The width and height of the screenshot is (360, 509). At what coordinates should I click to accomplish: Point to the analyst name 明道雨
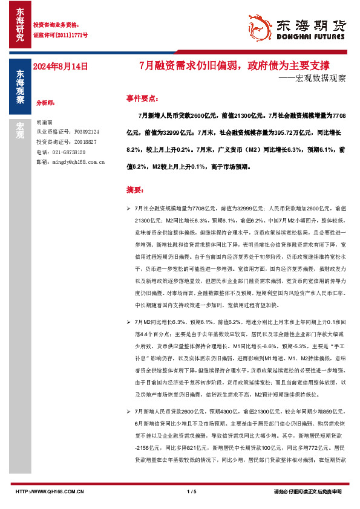coord(44,122)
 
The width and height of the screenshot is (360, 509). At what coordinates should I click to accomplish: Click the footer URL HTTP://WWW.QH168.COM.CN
coord(50,491)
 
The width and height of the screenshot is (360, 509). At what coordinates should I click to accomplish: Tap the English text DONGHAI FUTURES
coord(310,36)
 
